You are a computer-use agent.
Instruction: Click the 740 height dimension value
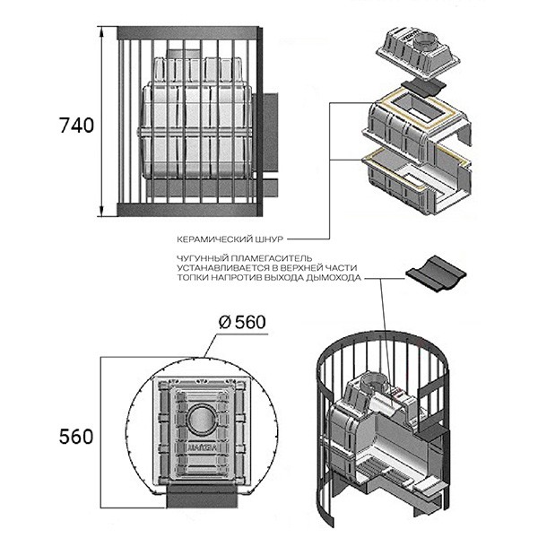[76, 126]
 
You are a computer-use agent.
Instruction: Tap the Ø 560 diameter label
[242, 322]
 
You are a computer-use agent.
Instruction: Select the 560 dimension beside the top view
[76, 437]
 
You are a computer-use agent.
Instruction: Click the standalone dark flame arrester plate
[436, 273]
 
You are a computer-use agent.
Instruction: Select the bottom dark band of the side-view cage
[187, 210]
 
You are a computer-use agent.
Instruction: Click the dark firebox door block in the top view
[202, 496]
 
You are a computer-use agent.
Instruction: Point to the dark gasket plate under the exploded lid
[424, 87]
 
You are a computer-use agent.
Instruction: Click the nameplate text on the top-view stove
[202, 446]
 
